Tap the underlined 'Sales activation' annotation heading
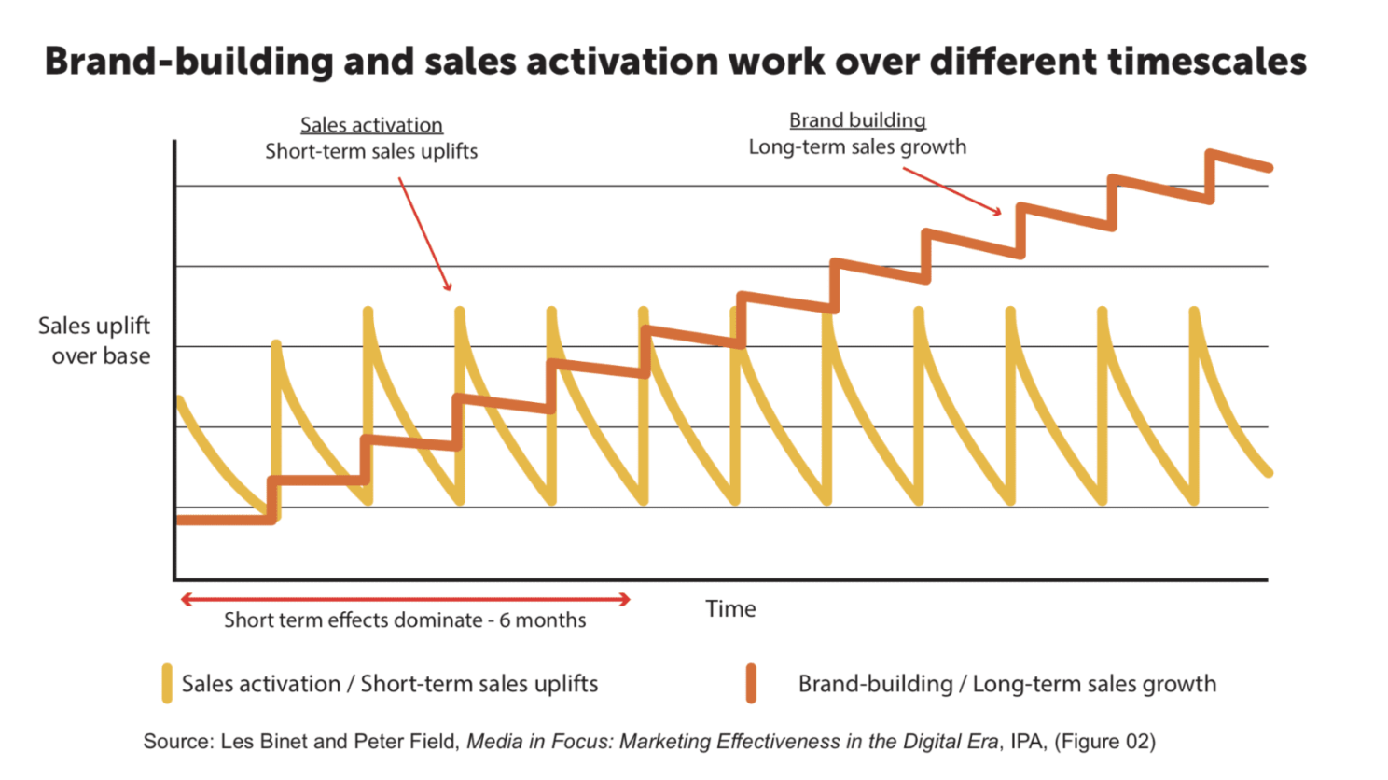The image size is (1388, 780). [371, 125]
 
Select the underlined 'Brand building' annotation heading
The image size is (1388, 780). [857, 120]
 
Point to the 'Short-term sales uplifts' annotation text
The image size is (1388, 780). [371, 151]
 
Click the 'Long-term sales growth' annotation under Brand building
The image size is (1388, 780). [857, 147]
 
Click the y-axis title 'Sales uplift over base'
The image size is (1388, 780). [94, 341]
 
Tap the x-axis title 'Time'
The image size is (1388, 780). [730, 609]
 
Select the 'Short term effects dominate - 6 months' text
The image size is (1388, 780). [405, 620]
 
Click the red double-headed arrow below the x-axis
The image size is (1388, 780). [405, 599]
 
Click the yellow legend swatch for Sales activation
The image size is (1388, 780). [167, 683]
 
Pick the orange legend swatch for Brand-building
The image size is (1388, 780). [751, 683]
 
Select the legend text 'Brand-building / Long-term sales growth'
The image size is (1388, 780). [1006, 684]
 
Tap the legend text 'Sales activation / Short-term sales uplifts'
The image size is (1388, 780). [390, 684]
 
